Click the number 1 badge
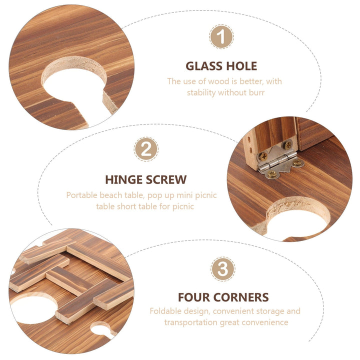click(221, 36)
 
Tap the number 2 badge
click(146, 149)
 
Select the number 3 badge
click(222, 269)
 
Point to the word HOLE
click(241, 66)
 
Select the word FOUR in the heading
click(194, 297)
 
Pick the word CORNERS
click(241, 297)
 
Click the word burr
click(257, 92)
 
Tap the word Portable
click(81, 195)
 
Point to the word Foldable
click(164, 311)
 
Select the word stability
click(201, 93)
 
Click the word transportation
click(191, 322)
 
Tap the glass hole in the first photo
click(74, 85)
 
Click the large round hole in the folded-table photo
click(34, 307)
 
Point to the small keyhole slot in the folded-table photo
click(103, 329)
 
